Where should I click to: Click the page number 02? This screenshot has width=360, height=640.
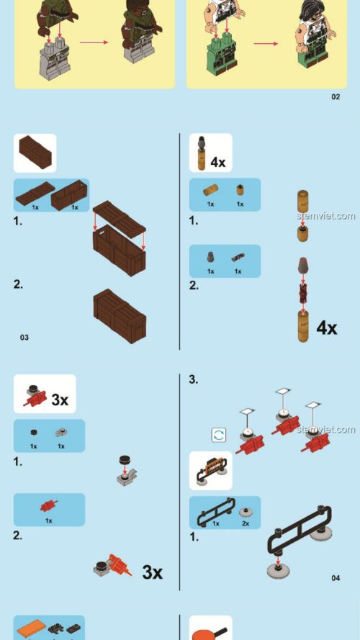[335, 96]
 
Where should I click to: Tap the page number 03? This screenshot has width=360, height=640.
[24, 337]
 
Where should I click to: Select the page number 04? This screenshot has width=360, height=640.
[335, 577]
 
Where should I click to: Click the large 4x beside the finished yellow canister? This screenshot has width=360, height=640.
[327, 328]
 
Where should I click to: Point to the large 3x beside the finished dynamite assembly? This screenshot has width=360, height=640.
[152, 572]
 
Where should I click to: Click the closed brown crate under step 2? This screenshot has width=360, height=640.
[120, 315]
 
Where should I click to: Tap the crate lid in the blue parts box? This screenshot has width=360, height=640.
[35, 193]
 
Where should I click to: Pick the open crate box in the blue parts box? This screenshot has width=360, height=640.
[69, 194]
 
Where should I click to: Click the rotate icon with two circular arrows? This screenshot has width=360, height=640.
[219, 435]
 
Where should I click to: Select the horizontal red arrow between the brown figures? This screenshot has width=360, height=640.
[94, 42]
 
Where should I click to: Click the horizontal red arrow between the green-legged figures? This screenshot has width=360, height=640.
[266, 43]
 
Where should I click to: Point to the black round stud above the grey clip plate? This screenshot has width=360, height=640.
[125, 461]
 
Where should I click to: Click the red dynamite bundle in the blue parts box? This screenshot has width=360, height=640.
[49, 505]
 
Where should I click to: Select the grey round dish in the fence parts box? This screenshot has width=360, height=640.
[246, 513]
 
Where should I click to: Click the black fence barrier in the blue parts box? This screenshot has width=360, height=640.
[216, 511]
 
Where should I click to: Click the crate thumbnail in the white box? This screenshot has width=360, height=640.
[35, 152]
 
